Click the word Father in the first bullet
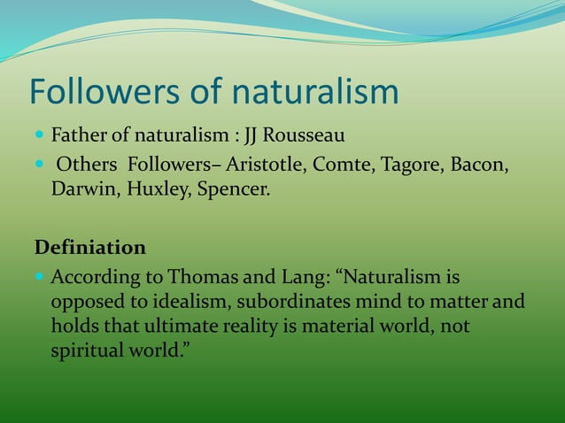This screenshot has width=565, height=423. [x=78, y=137]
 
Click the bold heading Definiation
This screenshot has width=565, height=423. [x=89, y=246]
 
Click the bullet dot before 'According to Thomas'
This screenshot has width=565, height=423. [x=39, y=277]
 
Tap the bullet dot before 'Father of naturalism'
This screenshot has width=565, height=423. [x=39, y=137]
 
